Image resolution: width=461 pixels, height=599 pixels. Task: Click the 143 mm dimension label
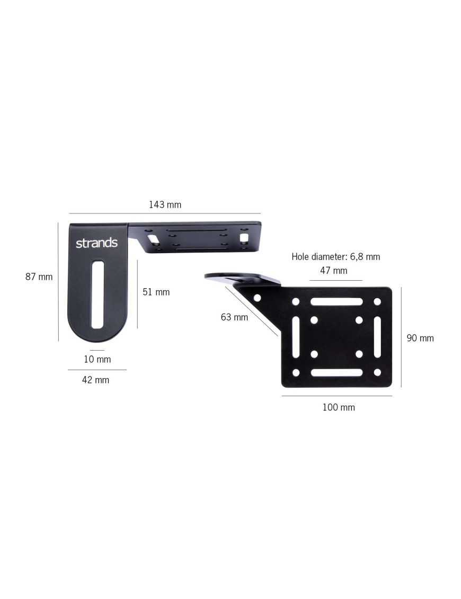165,205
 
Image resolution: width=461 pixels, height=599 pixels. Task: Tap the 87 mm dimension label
39,276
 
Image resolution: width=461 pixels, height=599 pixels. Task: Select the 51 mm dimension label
156,292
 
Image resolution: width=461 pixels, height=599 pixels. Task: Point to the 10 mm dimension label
97,359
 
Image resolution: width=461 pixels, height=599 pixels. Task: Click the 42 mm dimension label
95,380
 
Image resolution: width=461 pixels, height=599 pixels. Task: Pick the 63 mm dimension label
234,317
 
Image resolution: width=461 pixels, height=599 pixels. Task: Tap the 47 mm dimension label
334,271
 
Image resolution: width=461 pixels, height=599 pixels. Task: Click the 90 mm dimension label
420,338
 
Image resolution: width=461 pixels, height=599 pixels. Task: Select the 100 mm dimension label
339,407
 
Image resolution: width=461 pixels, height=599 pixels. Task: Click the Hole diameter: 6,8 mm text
336,256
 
